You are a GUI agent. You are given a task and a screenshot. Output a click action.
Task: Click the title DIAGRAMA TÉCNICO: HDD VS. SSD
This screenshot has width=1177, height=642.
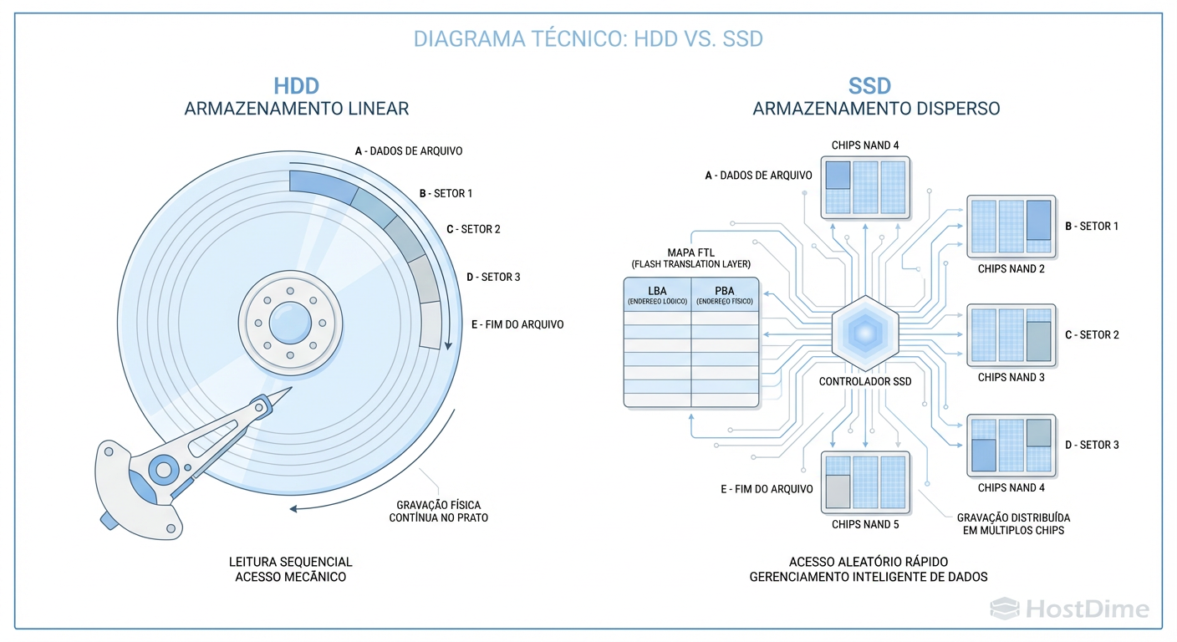[x=588, y=38]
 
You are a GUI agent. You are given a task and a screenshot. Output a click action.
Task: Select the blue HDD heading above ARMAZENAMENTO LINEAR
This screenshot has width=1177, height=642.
[x=296, y=86]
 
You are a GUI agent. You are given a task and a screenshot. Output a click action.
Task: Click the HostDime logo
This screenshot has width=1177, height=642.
[x=1069, y=609]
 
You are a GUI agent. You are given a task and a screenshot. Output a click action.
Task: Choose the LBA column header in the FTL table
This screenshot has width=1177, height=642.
[x=657, y=292]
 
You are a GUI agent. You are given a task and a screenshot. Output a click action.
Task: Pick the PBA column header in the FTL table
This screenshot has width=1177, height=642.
[x=724, y=292]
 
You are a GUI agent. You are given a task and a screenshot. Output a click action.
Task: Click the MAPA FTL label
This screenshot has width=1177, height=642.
[x=690, y=252]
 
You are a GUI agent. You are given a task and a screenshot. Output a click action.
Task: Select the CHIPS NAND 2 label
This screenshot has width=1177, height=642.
[x=1011, y=269]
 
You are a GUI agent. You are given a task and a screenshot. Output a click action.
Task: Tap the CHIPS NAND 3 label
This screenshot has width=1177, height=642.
[x=1011, y=378]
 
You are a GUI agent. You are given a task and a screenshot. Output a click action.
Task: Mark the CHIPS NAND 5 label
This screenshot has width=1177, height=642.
[x=865, y=525]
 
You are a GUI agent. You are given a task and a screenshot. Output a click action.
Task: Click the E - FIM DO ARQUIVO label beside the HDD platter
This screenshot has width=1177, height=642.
[x=517, y=324]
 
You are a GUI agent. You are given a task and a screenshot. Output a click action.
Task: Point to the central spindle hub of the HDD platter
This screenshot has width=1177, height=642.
[x=290, y=322]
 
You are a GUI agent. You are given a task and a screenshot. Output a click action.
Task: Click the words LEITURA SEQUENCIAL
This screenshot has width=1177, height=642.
[x=290, y=562]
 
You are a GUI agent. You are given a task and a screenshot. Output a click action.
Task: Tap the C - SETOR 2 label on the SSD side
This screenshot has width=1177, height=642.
[x=1092, y=335]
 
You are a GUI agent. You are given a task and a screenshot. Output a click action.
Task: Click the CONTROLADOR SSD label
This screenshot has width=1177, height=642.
[x=865, y=381]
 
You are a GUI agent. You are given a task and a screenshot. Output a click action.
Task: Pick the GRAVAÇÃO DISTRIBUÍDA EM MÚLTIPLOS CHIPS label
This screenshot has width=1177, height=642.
[x=1013, y=524]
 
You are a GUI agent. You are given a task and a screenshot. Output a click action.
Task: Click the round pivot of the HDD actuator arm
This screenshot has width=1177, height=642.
[x=163, y=469]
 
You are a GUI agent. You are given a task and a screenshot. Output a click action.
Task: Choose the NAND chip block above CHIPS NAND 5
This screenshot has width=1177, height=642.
[x=864, y=482]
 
